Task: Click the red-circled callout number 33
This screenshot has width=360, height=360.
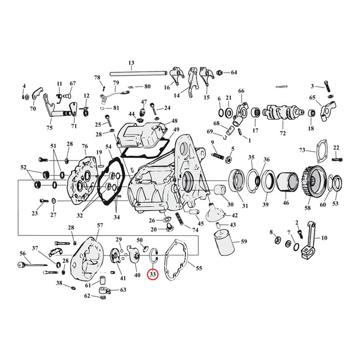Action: click(x=152, y=274)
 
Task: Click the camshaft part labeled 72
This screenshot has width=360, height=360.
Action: click(x=282, y=113)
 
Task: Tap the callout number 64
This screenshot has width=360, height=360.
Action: click(x=234, y=73)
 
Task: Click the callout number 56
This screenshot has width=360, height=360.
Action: click(x=23, y=253)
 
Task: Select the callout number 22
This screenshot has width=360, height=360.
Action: click(x=336, y=148)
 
